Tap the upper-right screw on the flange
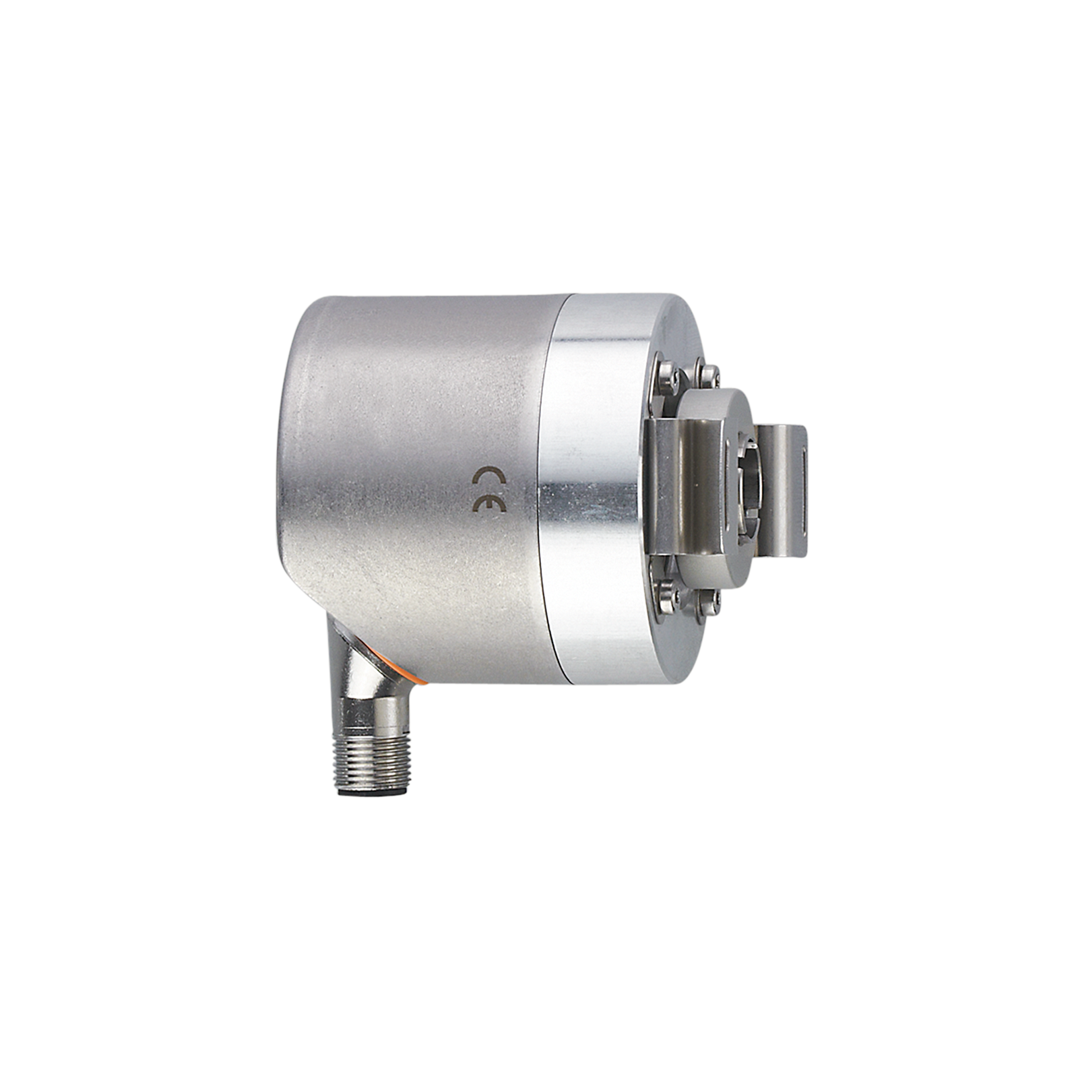click(x=709, y=375)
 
